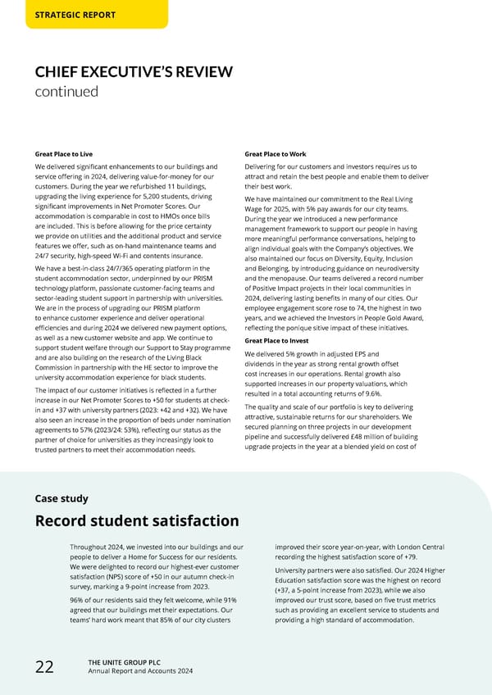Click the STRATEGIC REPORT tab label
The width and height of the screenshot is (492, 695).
pos(75,15)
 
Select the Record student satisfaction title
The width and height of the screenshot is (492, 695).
pos(137,521)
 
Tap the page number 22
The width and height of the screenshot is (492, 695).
pos(44,667)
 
